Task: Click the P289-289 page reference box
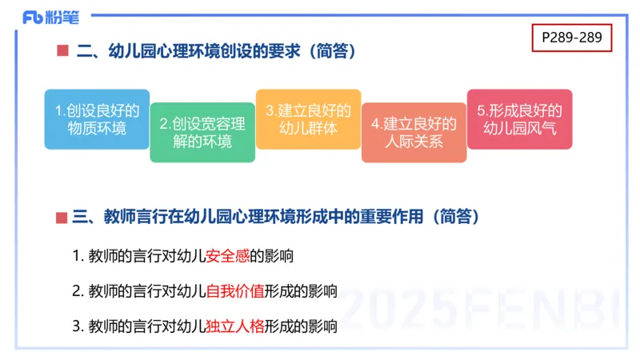click(571, 37)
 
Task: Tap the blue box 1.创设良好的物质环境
click(96, 119)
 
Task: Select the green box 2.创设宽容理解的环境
click(202, 133)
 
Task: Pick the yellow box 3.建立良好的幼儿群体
click(308, 119)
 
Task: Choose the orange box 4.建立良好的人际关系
click(414, 133)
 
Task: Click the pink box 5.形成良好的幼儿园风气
click(519, 119)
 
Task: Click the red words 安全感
click(228, 257)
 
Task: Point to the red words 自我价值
click(235, 291)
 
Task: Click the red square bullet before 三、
click(62, 217)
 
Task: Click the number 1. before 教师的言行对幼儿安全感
click(78, 257)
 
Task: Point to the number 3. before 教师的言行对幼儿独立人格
click(78, 326)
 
